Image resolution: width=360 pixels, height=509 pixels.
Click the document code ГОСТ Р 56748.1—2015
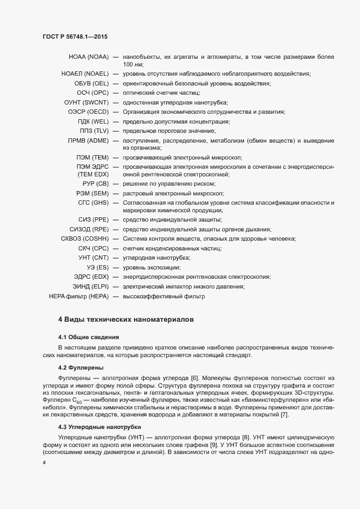coord(74,37)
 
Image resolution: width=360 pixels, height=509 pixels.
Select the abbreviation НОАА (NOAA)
coord(89,57)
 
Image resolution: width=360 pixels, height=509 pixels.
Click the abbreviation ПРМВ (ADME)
coord(88,140)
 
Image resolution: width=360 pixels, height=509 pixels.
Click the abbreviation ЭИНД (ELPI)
coord(91,286)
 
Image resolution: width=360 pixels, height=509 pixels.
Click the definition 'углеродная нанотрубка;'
coord(156,257)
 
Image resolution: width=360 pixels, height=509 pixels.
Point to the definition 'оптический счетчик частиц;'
coord(161,93)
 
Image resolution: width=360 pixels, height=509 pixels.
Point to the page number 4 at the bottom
coord(44,463)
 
